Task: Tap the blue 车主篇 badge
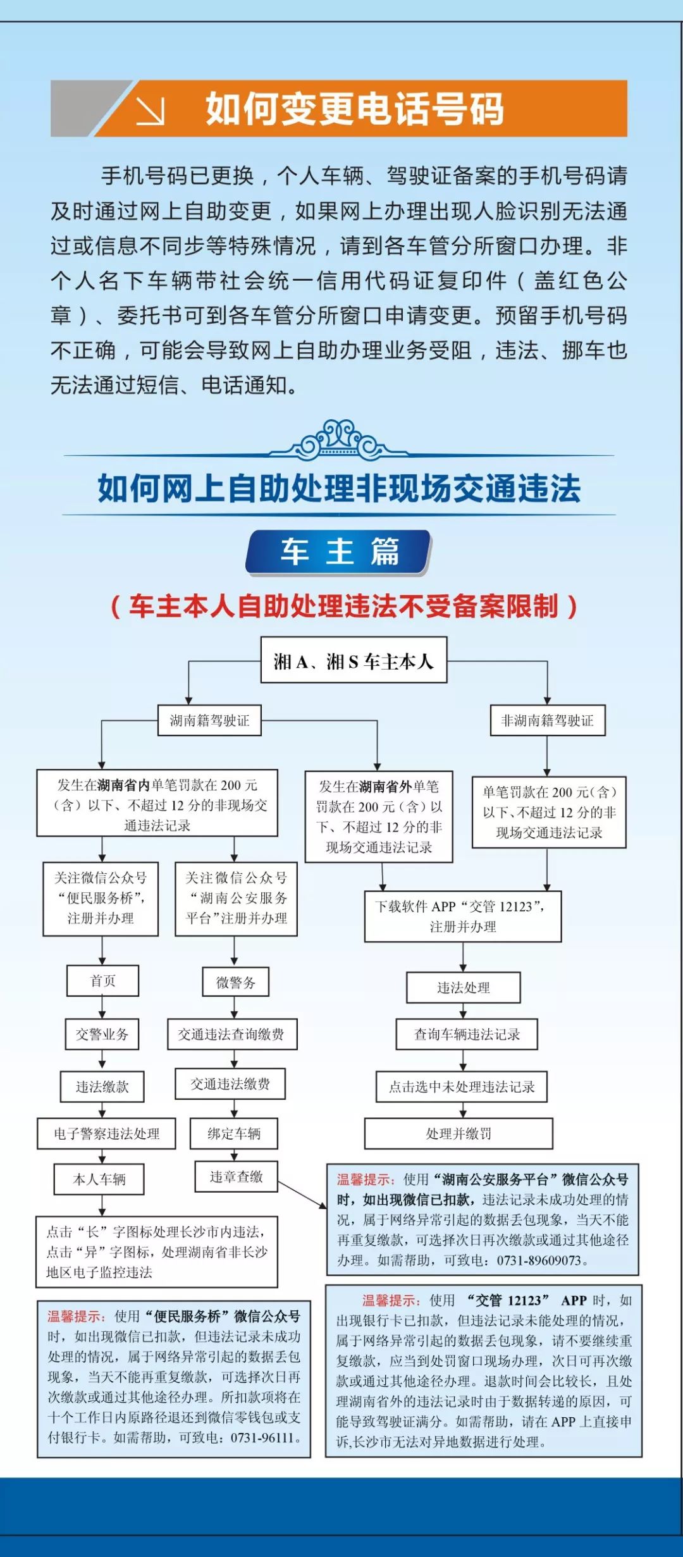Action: pos(339,552)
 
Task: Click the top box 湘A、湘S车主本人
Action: pos(354,660)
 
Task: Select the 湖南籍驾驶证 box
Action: pos(209,720)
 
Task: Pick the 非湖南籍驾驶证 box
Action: pos(548,720)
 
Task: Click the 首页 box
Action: pos(102,981)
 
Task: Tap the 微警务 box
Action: pos(235,982)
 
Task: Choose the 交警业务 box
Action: pos(102,1034)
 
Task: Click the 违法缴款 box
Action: pos(102,1086)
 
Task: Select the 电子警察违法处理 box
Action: pos(106,1134)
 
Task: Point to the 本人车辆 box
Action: pos(99,1179)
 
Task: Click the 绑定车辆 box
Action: pos(234,1134)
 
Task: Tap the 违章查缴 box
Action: pos(236,1176)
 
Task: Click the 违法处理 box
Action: pos(464,988)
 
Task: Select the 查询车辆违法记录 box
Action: pos(467,1034)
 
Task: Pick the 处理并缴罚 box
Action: pos(458,1134)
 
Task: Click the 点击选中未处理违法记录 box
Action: pos(462,1086)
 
